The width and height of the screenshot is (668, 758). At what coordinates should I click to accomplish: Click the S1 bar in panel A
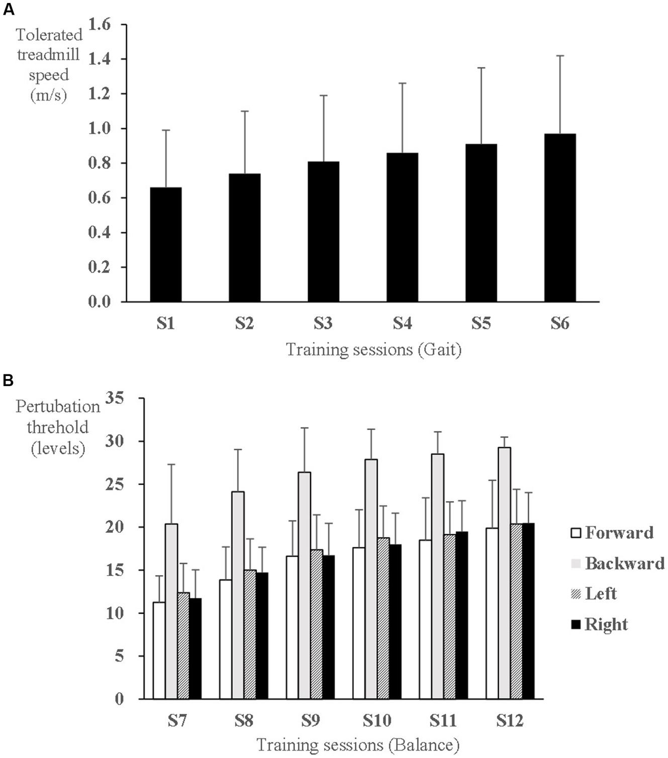166,244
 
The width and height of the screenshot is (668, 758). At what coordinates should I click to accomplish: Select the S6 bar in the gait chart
560,218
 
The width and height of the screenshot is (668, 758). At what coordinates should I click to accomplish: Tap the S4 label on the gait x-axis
402,324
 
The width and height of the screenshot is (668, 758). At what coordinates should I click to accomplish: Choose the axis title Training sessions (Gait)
373,349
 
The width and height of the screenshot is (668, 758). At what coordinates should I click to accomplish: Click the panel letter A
8,10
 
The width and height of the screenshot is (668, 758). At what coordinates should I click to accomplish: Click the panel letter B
8,381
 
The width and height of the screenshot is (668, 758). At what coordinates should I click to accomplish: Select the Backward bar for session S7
171,611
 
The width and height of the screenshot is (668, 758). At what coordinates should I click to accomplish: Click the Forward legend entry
612,533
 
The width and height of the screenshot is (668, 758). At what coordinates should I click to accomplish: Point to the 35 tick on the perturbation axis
116,398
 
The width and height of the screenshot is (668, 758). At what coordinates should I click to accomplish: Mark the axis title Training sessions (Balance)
358,745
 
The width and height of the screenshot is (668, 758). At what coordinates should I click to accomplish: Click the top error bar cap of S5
481,67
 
